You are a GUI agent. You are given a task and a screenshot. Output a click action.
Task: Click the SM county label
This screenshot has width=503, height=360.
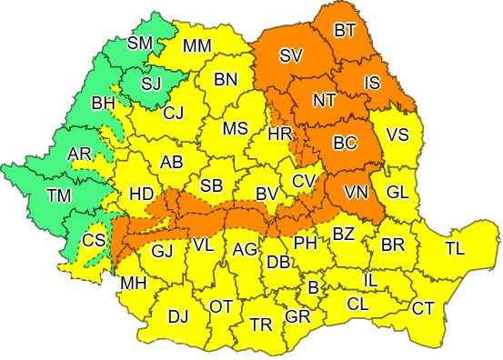pyautogui.click(x=140, y=42)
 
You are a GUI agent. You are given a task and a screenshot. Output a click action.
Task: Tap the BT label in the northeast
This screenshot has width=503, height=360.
pyautogui.click(x=345, y=31)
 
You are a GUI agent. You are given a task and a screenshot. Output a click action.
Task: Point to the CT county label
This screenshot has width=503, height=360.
pyautogui.click(x=423, y=309)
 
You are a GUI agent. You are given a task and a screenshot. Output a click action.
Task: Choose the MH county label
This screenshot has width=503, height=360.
pyautogui.click(x=134, y=284)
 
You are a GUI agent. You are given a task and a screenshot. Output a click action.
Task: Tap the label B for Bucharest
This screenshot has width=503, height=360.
pyautogui.click(x=314, y=288)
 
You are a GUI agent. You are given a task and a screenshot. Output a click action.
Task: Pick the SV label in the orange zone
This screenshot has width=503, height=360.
pyautogui.click(x=290, y=56)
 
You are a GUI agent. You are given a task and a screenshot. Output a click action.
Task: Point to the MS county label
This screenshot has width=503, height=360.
pyautogui.click(x=236, y=129)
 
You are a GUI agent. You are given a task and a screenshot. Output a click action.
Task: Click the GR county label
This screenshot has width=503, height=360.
pyautogui.click(x=297, y=317)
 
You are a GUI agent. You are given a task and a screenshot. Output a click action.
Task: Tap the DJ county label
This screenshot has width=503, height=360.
pyautogui.click(x=178, y=315)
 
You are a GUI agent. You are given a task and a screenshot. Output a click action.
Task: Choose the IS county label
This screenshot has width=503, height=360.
pyautogui.click(x=372, y=84)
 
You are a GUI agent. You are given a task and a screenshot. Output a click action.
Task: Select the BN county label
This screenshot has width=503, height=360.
pyautogui.click(x=226, y=80)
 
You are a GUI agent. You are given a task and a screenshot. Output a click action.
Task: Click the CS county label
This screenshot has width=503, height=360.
pyautogui.click(x=93, y=241)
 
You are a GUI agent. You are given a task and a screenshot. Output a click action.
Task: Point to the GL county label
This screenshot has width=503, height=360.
pyautogui.click(x=397, y=194)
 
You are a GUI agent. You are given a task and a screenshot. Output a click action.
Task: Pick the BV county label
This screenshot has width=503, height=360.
pyautogui.click(x=266, y=194)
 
